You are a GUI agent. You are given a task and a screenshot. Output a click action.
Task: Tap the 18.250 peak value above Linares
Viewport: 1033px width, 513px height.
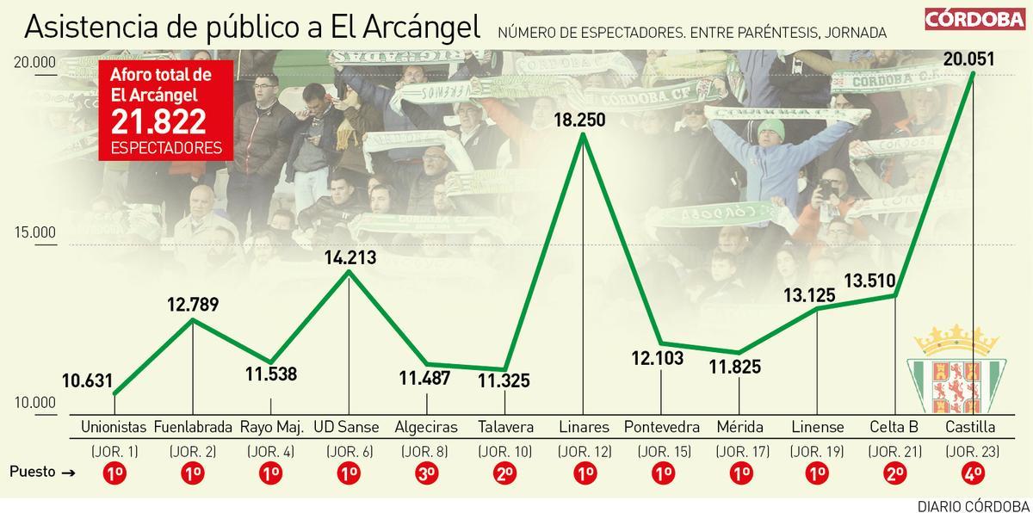tap(583, 120)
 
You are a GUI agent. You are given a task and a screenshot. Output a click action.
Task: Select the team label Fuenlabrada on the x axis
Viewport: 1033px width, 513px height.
tap(193, 427)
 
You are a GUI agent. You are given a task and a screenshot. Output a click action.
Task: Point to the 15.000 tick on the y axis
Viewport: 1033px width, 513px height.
tap(34, 232)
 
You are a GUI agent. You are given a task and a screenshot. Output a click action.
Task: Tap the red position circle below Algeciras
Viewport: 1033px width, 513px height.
tap(426, 473)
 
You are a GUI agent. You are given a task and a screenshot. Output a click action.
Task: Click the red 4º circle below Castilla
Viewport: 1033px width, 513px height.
tap(971, 473)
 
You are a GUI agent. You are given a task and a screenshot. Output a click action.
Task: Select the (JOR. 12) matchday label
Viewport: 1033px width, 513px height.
tap(583, 451)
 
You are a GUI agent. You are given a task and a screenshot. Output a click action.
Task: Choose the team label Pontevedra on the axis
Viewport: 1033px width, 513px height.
tap(661, 427)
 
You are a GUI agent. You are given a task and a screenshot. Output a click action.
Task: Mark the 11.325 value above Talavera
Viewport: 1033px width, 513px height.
tap(504, 380)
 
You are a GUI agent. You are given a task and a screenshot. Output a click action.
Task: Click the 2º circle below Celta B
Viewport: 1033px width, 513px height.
tap(894, 473)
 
